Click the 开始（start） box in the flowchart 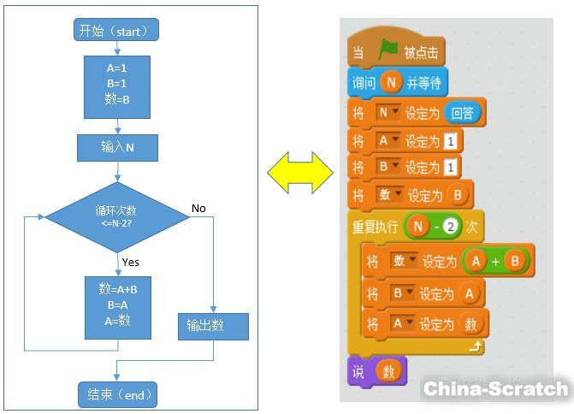(x=117, y=31)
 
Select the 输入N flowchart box (x=117, y=147)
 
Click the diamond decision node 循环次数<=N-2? (x=117, y=216)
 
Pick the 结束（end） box (x=117, y=394)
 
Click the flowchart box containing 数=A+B (x=117, y=306)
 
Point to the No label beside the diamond (x=198, y=209)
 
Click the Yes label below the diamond (x=131, y=262)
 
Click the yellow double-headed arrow (x=300, y=173)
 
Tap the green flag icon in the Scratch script (x=388, y=51)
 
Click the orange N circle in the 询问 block (x=391, y=83)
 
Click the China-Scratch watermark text (x=495, y=389)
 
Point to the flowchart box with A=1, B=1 (x=117, y=86)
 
